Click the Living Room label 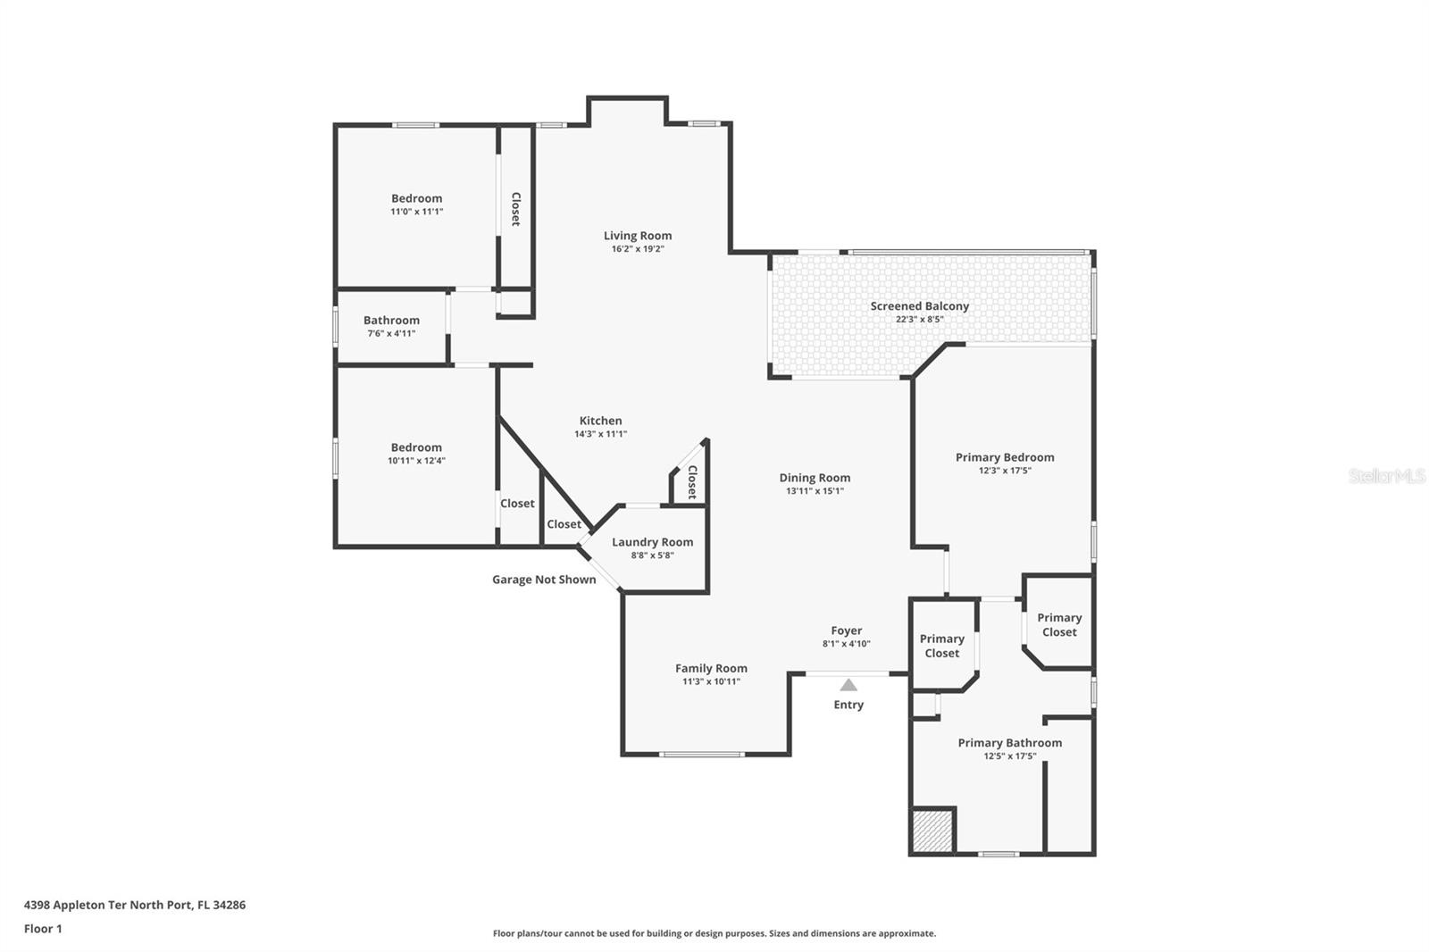point(638,236)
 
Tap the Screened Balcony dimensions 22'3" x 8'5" point(919,319)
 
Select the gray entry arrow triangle point(848,685)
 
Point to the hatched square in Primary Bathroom point(932,831)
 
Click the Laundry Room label point(652,542)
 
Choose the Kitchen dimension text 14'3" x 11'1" point(600,434)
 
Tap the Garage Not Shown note point(544,580)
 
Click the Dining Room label point(815,477)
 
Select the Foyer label point(846,630)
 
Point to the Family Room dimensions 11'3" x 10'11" point(711,681)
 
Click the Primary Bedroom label point(1004,457)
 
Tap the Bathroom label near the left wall point(391,320)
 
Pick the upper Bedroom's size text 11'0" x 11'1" point(416,211)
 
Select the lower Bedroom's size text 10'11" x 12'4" point(416,460)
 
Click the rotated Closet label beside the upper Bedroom point(515,209)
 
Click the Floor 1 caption point(43,929)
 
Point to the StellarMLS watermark point(1386,475)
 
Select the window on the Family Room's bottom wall point(702,755)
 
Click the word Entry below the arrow point(848,705)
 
